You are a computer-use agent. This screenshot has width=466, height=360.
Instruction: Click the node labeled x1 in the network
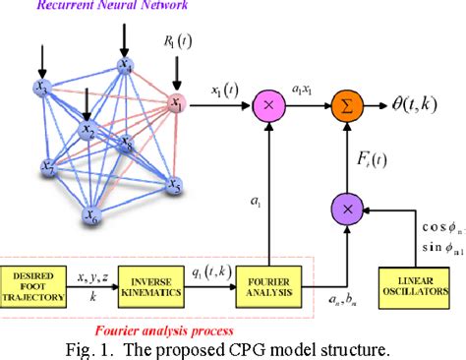tap(176, 102)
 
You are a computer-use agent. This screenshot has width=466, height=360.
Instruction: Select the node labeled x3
tap(41, 89)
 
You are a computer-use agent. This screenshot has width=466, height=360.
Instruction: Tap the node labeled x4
tap(125, 66)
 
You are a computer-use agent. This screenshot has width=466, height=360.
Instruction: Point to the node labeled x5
tap(174, 183)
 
